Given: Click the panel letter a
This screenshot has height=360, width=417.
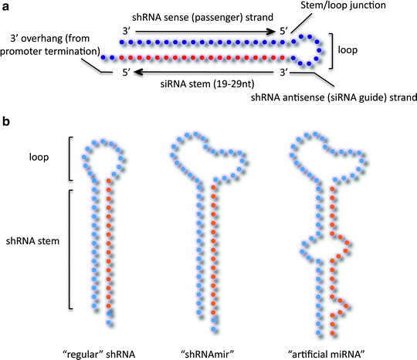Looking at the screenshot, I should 7,6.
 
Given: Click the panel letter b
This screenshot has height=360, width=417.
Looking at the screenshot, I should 7,121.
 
